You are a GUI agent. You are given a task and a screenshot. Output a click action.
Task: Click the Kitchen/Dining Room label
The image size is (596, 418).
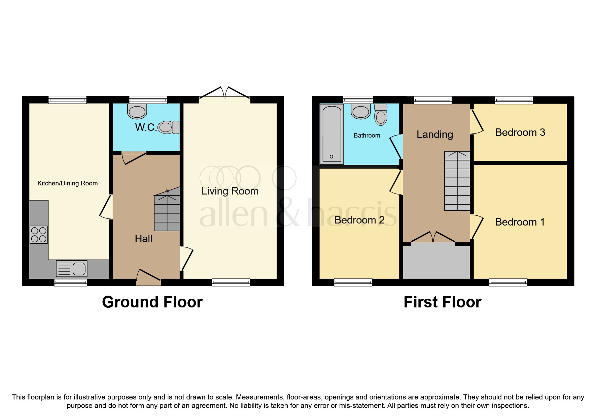pos(67,183)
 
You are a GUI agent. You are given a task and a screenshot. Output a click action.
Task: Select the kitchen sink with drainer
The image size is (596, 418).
pos(72,269)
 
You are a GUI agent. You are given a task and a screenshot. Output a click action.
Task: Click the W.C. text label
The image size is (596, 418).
pos(146,127)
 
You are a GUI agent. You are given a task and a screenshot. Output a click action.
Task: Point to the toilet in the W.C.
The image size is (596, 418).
pos(168,127)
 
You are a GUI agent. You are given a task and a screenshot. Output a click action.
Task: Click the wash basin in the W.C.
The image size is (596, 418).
pos(137,111)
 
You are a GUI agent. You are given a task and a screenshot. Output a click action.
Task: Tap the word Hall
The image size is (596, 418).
pos(143,239)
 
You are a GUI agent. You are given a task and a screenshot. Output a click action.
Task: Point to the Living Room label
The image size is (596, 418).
pos(230,191)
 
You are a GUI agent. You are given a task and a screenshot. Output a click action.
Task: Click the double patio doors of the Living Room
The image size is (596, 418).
pos(224,93)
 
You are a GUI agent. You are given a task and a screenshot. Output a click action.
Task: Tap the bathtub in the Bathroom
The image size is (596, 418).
pos(331,134)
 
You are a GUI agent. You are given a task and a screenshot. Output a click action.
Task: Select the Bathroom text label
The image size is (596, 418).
pos(367,136)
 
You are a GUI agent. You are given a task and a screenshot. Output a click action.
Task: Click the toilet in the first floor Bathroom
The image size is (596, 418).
pos(381,115)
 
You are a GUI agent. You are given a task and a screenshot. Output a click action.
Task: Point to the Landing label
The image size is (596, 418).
pos(434,135)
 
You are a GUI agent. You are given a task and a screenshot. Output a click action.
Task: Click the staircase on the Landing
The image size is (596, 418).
pos(457,181)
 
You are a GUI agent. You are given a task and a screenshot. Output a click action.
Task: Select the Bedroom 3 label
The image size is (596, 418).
pos(520,132)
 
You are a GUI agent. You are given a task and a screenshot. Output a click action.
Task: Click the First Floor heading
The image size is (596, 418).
pos(442,302)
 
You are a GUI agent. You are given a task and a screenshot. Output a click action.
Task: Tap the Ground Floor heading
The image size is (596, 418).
pos(152,302)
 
